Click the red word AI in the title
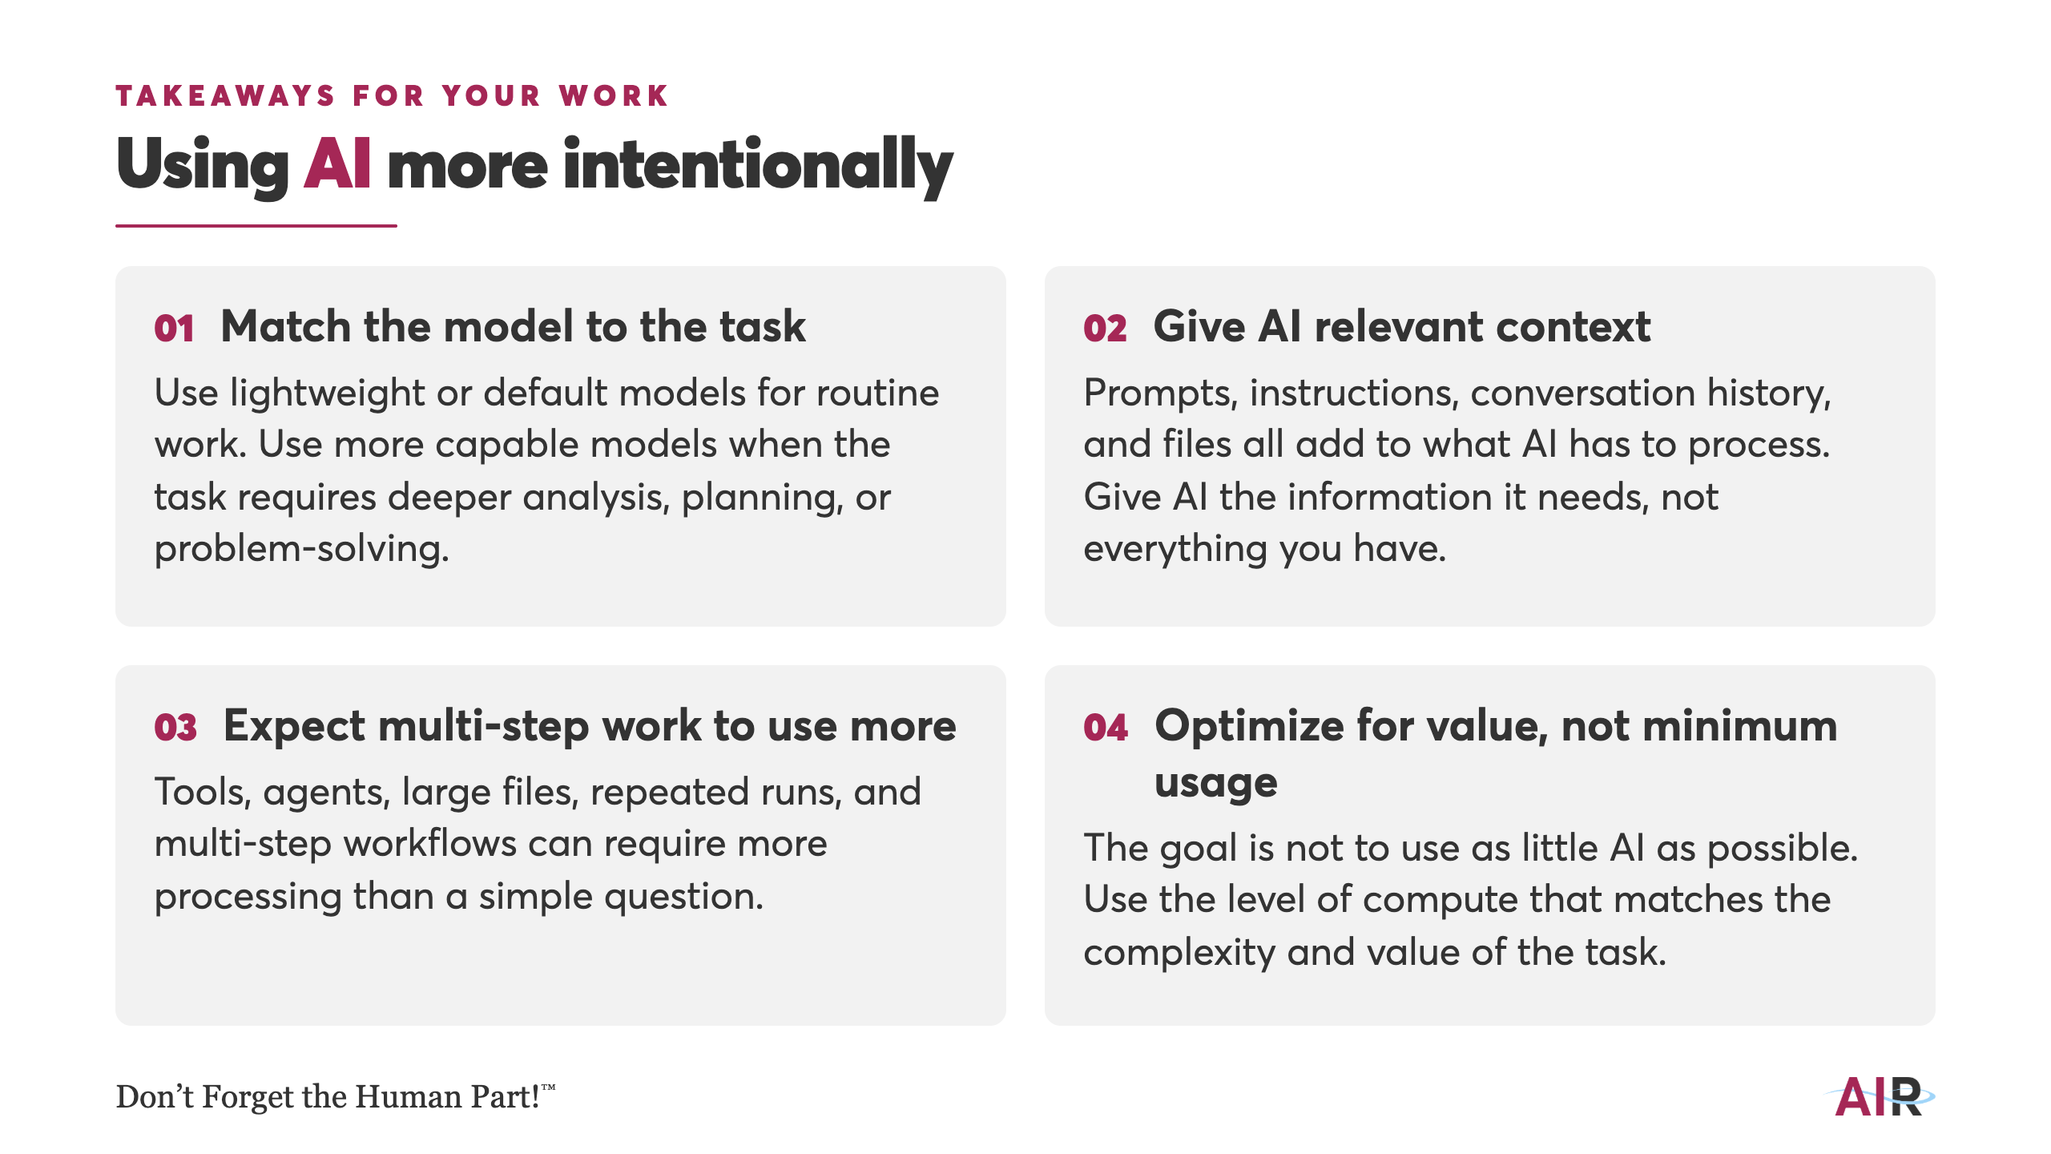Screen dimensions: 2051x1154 click(x=337, y=163)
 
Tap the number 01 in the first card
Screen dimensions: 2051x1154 click(x=175, y=329)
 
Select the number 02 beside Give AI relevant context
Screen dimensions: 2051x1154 click(x=1105, y=329)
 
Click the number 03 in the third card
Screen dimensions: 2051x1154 click(x=175, y=728)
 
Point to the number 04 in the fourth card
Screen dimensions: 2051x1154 click(x=1106, y=728)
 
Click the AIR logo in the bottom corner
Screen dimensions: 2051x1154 click(x=1880, y=1097)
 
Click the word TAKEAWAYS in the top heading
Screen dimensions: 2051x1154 click(x=225, y=96)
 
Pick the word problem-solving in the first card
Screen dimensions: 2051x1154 click(x=301, y=551)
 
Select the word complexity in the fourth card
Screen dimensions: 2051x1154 click(x=1179, y=954)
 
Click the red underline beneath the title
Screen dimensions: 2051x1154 click(x=256, y=226)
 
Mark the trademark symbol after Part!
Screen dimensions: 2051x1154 click(x=548, y=1087)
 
